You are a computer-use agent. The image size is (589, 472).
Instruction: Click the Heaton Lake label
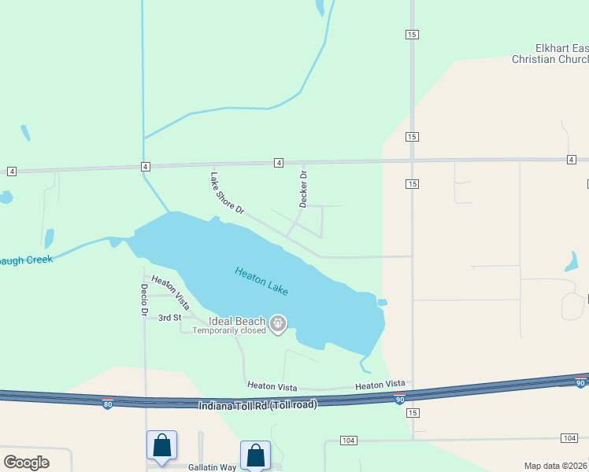261,281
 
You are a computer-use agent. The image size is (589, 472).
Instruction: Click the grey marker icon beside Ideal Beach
277,323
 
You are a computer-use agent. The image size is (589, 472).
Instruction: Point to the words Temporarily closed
229,330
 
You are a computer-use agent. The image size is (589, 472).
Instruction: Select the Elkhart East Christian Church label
550,53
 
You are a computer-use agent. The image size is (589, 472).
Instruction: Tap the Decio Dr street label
145,301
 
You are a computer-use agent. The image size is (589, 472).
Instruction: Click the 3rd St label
169,318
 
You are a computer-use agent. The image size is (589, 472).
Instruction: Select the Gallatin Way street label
212,467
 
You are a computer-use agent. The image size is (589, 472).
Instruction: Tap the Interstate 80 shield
107,404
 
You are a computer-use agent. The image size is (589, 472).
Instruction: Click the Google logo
26,463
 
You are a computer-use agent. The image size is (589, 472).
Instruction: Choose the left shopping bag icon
161,445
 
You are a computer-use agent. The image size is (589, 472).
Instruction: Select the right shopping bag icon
255,455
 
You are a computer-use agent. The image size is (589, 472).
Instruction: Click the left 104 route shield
349,439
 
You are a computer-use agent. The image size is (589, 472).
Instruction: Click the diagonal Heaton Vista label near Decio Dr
171,291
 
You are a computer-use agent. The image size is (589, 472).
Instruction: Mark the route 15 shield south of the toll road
412,412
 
